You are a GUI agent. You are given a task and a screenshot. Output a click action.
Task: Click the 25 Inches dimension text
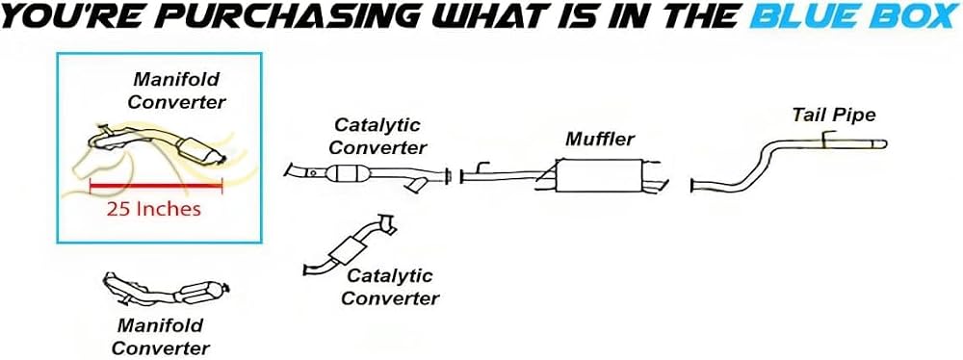click(153, 209)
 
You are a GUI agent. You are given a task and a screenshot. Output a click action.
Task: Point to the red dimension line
click(156, 185)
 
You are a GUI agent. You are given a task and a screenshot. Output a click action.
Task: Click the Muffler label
click(599, 139)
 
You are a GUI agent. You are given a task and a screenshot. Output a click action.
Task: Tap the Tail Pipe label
click(833, 115)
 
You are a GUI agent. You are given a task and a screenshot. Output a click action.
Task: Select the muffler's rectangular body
click(598, 175)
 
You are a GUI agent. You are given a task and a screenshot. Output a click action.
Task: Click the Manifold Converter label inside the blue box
click(176, 90)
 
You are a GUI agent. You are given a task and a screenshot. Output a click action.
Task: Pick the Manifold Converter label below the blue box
click(160, 336)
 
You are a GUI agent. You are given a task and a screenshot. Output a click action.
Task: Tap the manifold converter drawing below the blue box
click(167, 289)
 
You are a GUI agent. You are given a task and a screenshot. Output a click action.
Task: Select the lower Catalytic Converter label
click(390, 287)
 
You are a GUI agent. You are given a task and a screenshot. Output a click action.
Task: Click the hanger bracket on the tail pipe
click(828, 139)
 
